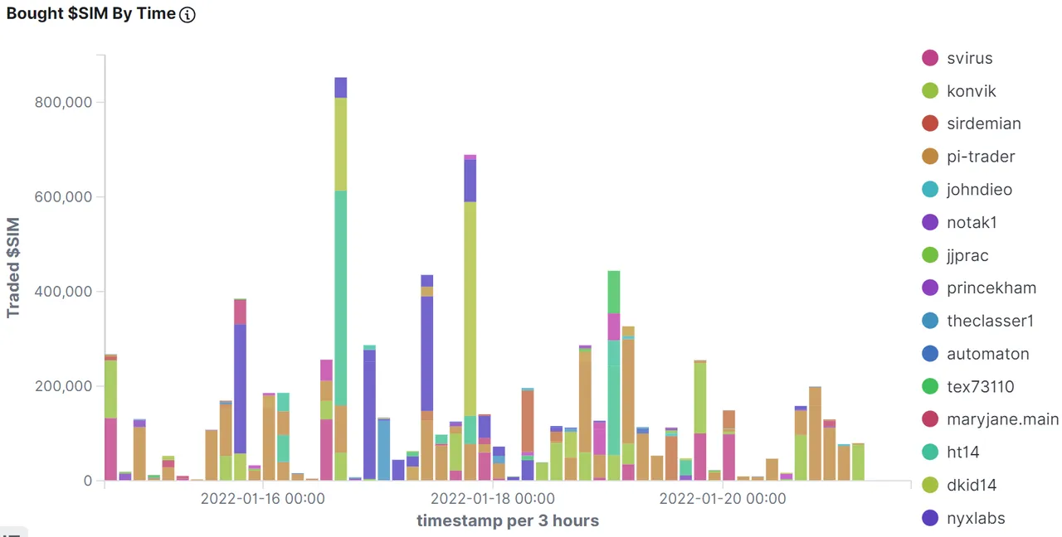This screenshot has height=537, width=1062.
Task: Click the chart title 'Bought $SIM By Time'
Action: point(91,14)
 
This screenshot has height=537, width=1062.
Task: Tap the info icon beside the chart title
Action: point(188,15)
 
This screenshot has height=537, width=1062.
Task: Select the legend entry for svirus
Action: point(969,58)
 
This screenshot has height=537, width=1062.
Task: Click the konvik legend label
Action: point(971,91)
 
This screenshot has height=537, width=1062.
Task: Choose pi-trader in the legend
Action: point(981,157)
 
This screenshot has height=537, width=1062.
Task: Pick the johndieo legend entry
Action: point(979,190)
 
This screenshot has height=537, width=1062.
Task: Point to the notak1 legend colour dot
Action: point(930,222)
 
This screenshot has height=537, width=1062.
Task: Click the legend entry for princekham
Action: point(991,288)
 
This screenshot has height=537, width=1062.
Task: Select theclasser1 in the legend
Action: point(988,321)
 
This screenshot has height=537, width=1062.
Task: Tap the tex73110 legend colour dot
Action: point(930,386)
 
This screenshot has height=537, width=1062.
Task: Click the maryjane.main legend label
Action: point(1002,419)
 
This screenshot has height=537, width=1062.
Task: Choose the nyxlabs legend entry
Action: point(976,518)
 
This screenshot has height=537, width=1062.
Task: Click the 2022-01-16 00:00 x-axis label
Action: point(261,499)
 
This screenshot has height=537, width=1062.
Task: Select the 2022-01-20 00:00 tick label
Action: point(722,499)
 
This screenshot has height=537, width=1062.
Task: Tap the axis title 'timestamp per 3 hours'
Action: point(507,520)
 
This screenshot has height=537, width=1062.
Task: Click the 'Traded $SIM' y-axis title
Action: point(14,268)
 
